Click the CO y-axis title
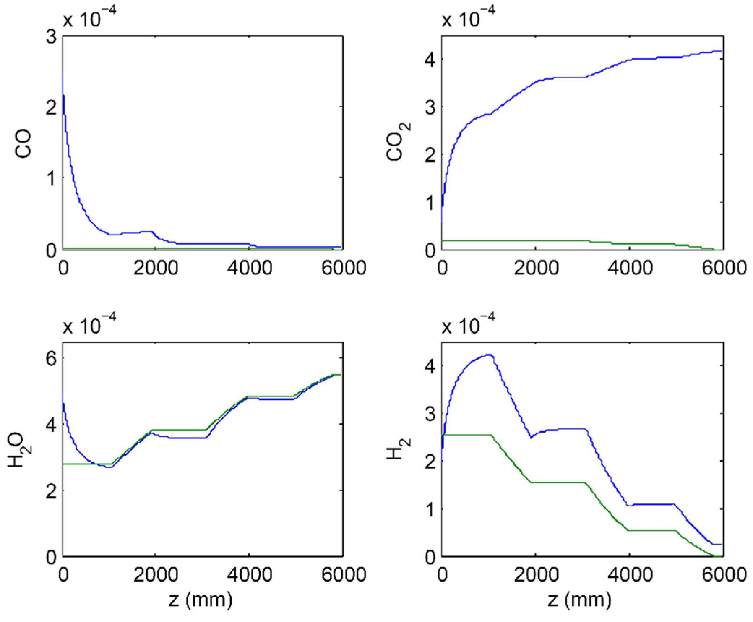pyautogui.click(x=23, y=144)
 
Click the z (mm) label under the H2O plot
pyautogui.click(x=201, y=600)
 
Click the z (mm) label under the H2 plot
pyautogui.click(x=580, y=600)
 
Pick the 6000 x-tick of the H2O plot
pyautogui.click(x=343, y=575)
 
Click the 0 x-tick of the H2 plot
pyautogui.click(x=442, y=575)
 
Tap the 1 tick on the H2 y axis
pyautogui.click(x=430, y=509)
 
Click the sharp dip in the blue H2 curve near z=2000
pyautogui.click(x=531, y=438)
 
